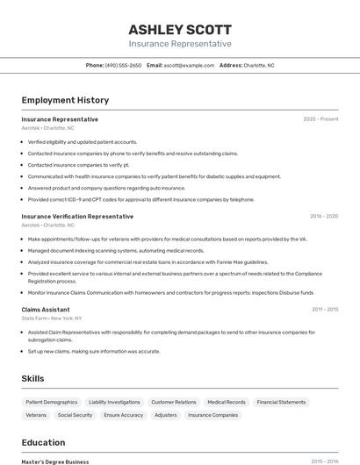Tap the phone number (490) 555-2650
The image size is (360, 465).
(123, 65)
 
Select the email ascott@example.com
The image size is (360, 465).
(189, 65)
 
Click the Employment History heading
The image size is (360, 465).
(65, 100)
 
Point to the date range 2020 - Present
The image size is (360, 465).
(320, 119)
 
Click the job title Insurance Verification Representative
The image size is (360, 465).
(77, 216)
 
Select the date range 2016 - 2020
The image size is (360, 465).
(323, 216)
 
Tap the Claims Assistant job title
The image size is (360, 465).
(46, 309)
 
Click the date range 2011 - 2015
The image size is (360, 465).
(324, 309)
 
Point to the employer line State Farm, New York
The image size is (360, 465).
(52, 318)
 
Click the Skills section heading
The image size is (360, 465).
(33, 378)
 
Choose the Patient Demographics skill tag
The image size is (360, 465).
(52, 402)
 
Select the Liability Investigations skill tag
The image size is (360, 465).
(114, 402)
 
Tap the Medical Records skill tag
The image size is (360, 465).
(227, 402)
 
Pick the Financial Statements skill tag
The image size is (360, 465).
(281, 402)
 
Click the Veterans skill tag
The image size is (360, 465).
(36, 415)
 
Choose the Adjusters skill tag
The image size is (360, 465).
(165, 415)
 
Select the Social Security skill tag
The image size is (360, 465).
(75, 415)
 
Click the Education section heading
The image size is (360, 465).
(44, 443)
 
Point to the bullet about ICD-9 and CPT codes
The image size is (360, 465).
(140, 199)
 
